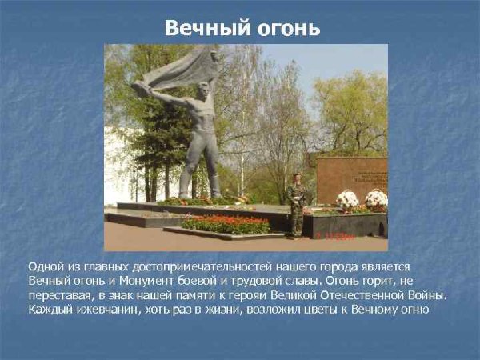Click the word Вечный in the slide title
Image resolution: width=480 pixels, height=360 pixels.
point(201,28)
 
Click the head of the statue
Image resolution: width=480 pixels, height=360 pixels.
point(202,90)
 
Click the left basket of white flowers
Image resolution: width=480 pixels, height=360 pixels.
point(347,198)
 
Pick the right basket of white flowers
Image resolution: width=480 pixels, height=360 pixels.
point(376,198)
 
